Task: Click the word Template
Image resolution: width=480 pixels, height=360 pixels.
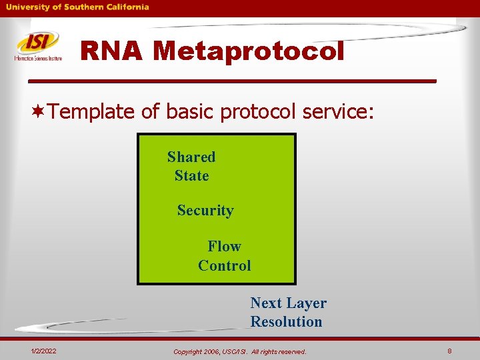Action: point(92,111)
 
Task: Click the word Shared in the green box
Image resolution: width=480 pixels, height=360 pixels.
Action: point(191,157)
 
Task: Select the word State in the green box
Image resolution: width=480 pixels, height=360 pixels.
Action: point(191,176)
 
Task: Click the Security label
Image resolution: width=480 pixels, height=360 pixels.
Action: point(205,211)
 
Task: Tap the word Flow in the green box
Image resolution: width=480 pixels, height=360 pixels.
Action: point(224,247)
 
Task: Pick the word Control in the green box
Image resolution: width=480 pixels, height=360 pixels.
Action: point(225,265)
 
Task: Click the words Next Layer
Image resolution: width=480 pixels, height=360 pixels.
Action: point(288,303)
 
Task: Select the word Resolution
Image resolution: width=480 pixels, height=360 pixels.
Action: point(286,322)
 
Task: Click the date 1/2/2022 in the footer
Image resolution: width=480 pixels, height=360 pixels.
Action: point(43,351)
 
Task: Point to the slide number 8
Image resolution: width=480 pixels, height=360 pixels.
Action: point(449,351)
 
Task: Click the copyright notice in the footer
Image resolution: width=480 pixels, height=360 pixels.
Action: point(239,351)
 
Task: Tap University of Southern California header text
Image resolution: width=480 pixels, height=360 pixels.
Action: point(78,7)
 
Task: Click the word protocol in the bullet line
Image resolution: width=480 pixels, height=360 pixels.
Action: point(258,111)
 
